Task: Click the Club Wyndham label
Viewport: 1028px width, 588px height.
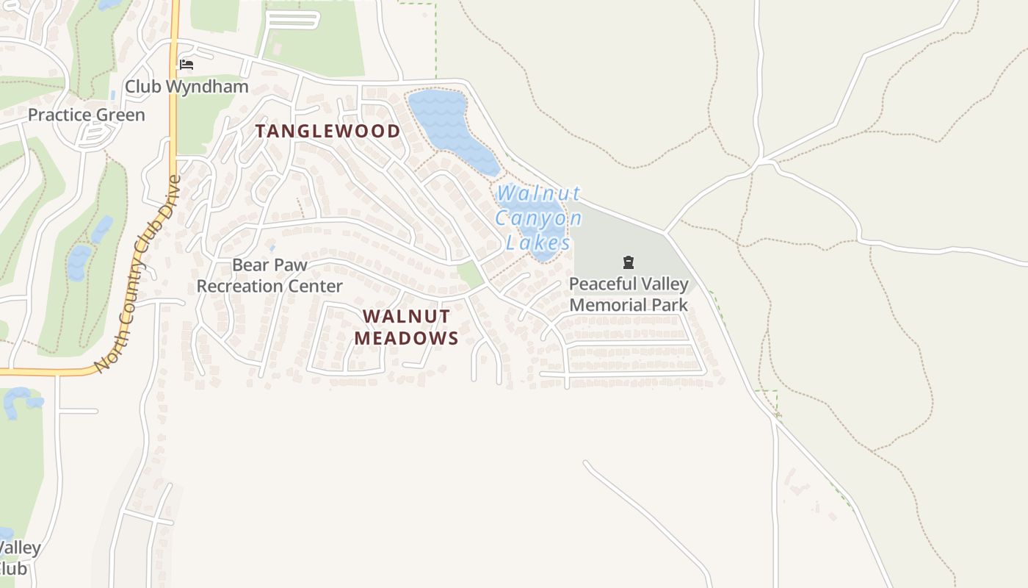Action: pyautogui.click(x=187, y=86)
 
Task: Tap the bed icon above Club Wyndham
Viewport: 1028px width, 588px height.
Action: pyautogui.click(x=187, y=65)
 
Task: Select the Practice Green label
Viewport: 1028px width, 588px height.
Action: pyautogui.click(x=87, y=115)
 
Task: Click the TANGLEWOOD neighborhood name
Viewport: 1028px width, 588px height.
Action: pyautogui.click(x=327, y=132)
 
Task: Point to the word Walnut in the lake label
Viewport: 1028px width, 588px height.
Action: pyautogui.click(x=538, y=194)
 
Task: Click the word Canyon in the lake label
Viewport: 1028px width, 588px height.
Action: pyautogui.click(x=538, y=218)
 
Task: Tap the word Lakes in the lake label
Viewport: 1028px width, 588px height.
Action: pyautogui.click(x=538, y=243)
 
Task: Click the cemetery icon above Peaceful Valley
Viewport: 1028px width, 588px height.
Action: pyautogui.click(x=629, y=262)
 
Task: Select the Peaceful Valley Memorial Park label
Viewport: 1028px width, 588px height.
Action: pyautogui.click(x=629, y=294)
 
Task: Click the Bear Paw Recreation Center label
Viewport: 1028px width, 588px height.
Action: pyautogui.click(x=269, y=276)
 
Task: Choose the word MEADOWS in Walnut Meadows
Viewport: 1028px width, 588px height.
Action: pyautogui.click(x=406, y=338)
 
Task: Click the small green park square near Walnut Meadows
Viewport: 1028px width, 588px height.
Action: pyautogui.click(x=470, y=274)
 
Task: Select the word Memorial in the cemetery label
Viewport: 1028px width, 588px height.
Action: pyautogui.click(x=607, y=305)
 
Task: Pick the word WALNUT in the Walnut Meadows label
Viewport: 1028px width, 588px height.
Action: pyautogui.click(x=406, y=316)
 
